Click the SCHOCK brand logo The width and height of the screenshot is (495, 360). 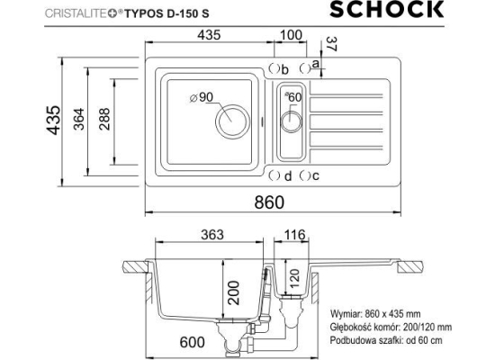pyautogui.click(x=387, y=9)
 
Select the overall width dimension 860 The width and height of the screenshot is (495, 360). pyautogui.click(x=269, y=202)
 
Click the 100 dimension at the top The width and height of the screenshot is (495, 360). pyautogui.click(x=291, y=35)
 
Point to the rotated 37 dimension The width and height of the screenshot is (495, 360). pyautogui.click(x=332, y=44)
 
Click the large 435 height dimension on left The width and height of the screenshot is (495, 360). pyautogui.click(x=53, y=120)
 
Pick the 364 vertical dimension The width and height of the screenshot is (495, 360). pyautogui.click(x=79, y=119)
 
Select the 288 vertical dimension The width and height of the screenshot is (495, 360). pyautogui.click(x=104, y=119)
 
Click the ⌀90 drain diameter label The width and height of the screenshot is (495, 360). pyautogui.click(x=202, y=97)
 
